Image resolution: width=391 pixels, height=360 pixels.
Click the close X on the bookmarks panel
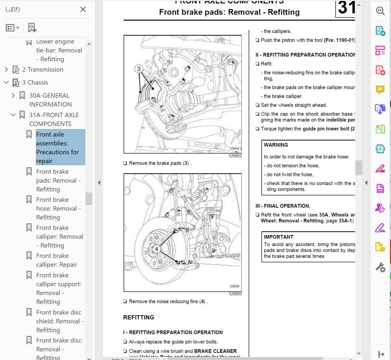83,9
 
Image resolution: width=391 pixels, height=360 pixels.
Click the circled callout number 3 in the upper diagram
139,69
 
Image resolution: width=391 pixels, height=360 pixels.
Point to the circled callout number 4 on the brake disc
156,249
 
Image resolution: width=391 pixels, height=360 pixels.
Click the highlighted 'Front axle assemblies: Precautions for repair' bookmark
57,147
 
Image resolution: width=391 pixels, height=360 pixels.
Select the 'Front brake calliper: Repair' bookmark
56,260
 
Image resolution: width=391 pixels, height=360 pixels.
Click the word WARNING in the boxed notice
276,145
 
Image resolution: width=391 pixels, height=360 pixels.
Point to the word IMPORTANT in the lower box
278,237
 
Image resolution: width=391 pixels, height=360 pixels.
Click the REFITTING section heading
138,317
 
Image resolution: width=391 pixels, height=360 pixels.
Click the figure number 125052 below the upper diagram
235,156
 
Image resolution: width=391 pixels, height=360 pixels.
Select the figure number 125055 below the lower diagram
235,294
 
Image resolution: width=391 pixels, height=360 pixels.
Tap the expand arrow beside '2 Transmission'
6,69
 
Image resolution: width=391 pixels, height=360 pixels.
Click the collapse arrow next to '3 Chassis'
6,83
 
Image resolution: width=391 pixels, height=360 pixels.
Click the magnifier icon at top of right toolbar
380,11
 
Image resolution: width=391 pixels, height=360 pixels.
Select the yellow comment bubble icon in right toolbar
380,90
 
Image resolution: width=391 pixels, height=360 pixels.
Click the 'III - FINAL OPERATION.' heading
283,206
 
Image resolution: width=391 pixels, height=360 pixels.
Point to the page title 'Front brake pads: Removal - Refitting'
229,12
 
